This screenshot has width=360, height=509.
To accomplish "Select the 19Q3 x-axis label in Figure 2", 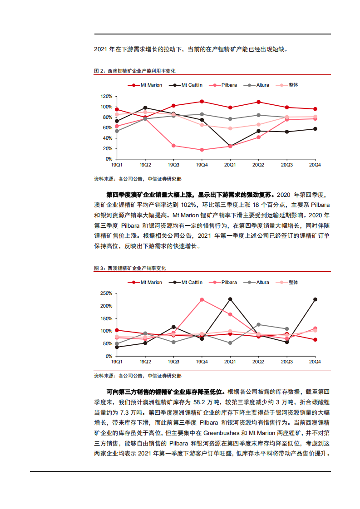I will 173,164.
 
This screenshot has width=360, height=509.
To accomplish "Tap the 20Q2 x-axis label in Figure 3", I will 258,362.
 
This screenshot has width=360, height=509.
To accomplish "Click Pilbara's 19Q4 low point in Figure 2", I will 202,150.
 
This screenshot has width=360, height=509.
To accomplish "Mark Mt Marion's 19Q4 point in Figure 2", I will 202,102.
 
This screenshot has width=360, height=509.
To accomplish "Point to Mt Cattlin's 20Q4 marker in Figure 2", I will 315,129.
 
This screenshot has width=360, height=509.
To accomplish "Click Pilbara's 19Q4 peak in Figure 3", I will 202,299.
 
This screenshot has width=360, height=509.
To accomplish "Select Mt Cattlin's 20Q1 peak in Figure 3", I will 230,299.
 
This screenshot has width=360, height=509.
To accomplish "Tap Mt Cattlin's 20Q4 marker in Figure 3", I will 315,299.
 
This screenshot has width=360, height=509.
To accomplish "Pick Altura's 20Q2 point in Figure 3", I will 258,324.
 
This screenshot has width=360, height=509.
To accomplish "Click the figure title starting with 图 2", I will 134,71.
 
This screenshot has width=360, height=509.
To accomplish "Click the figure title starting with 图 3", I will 130,268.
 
